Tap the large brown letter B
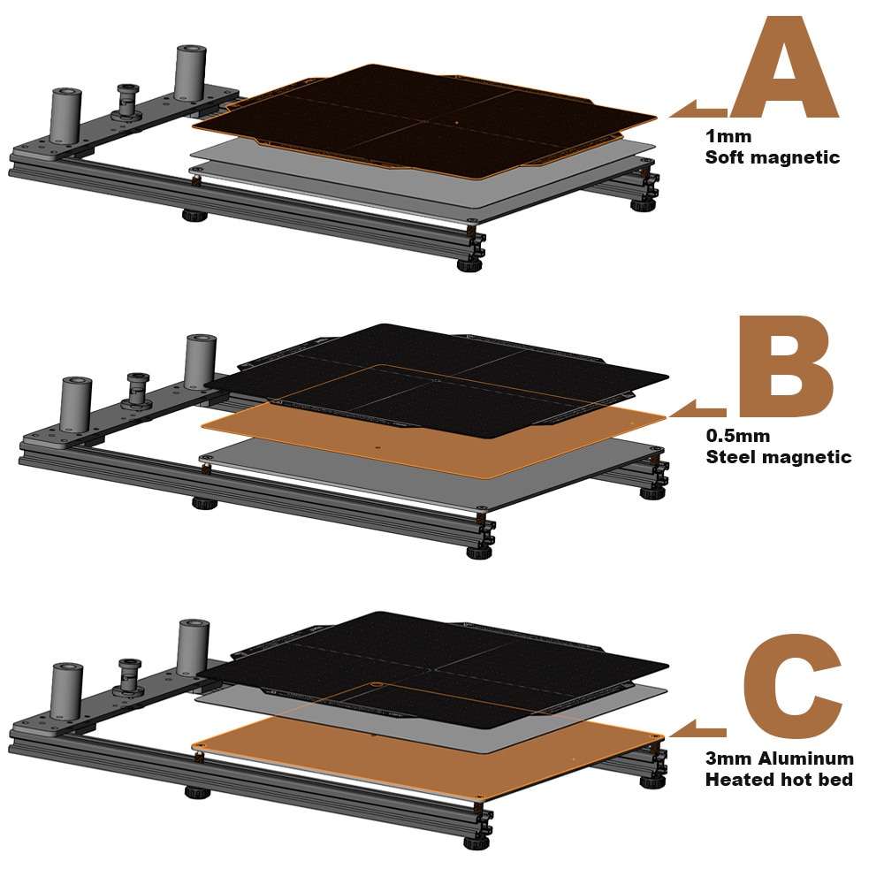point(787,367)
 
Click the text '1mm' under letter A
point(728,136)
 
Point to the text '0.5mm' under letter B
point(737,436)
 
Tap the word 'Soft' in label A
point(726,156)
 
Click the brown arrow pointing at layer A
point(698,109)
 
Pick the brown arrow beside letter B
point(699,408)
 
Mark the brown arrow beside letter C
point(699,728)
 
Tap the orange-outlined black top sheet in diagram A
point(425,121)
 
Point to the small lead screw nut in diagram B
point(136,390)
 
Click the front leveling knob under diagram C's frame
point(476,842)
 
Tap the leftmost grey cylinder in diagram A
point(66,118)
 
